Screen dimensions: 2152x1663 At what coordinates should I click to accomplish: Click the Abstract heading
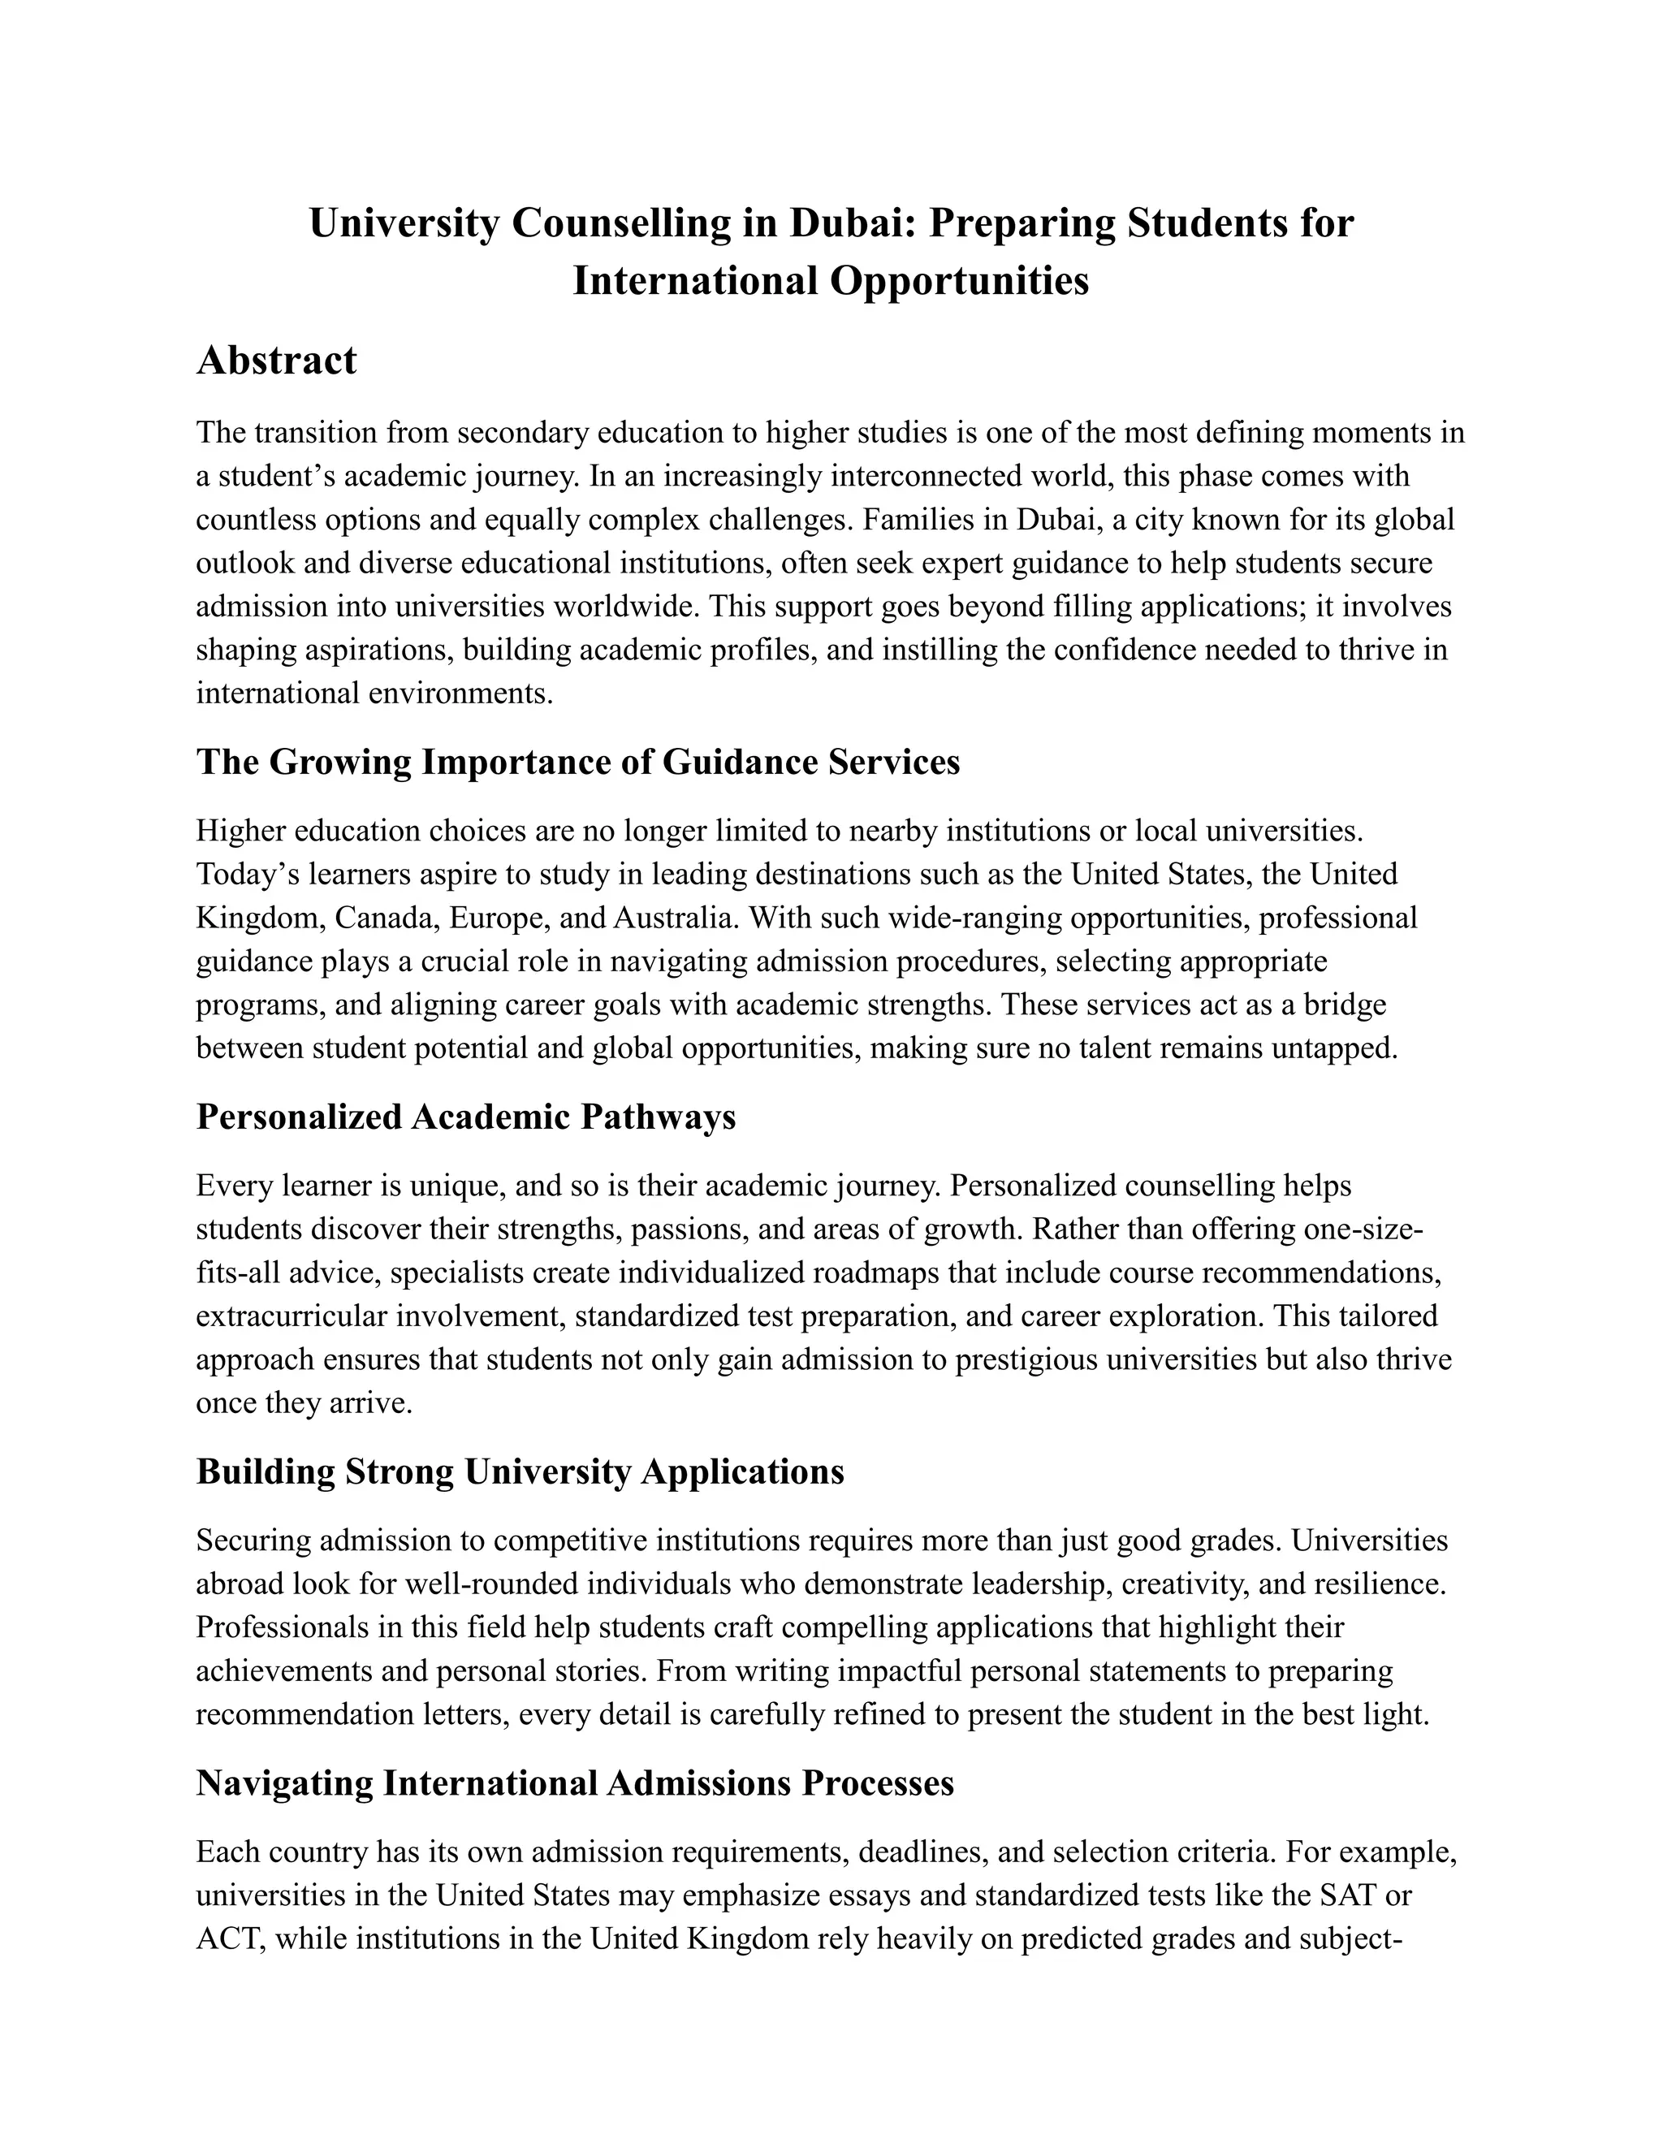coord(276,361)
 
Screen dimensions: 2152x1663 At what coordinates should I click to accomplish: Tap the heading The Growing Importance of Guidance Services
coord(577,763)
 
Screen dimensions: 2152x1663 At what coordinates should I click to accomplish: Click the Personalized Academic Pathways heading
coord(465,1117)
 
